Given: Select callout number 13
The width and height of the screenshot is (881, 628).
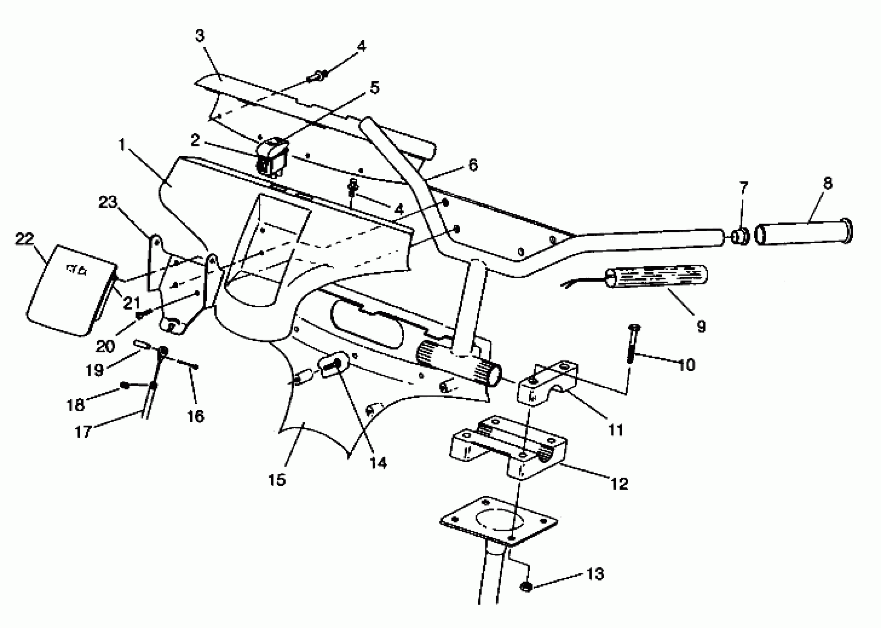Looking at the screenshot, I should click(x=595, y=574).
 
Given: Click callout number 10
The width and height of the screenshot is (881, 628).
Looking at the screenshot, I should click(x=686, y=365).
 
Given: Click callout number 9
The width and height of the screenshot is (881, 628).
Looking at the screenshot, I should click(x=701, y=326).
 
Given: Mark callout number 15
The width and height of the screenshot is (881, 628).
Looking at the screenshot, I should click(x=277, y=480).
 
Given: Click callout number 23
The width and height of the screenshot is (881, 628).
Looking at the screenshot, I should click(x=108, y=202).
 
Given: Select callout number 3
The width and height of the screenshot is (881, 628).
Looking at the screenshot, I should click(x=199, y=35).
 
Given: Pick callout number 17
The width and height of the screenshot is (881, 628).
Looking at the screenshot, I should click(x=83, y=431).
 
